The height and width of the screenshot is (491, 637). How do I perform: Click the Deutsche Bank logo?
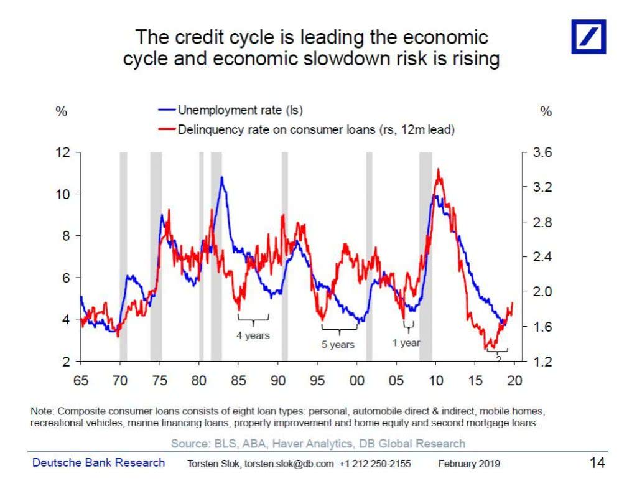[x=588, y=36]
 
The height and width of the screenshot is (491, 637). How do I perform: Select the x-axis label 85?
[x=239, y=380]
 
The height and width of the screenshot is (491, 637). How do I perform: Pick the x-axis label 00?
[x=357, y=380]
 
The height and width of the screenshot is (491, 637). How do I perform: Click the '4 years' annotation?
[x=253, y=335]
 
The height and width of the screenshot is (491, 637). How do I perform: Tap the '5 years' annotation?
[x=338, y=344]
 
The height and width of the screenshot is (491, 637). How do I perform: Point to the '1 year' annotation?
[x=406, y=342]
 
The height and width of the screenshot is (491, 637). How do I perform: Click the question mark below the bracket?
[x=498, y=358]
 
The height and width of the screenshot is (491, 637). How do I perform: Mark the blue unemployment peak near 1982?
[x=221, y=178]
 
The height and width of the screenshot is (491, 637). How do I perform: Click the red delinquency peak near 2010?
[x=439, y=169]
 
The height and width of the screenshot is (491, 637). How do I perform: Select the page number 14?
[x=597, y=462]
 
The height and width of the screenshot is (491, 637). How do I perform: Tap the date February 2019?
[x=469, y=464]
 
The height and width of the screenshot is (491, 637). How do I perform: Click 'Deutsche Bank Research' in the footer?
[x=99, y=462]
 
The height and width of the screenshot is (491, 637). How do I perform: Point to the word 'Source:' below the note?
[x=189, y=443]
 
